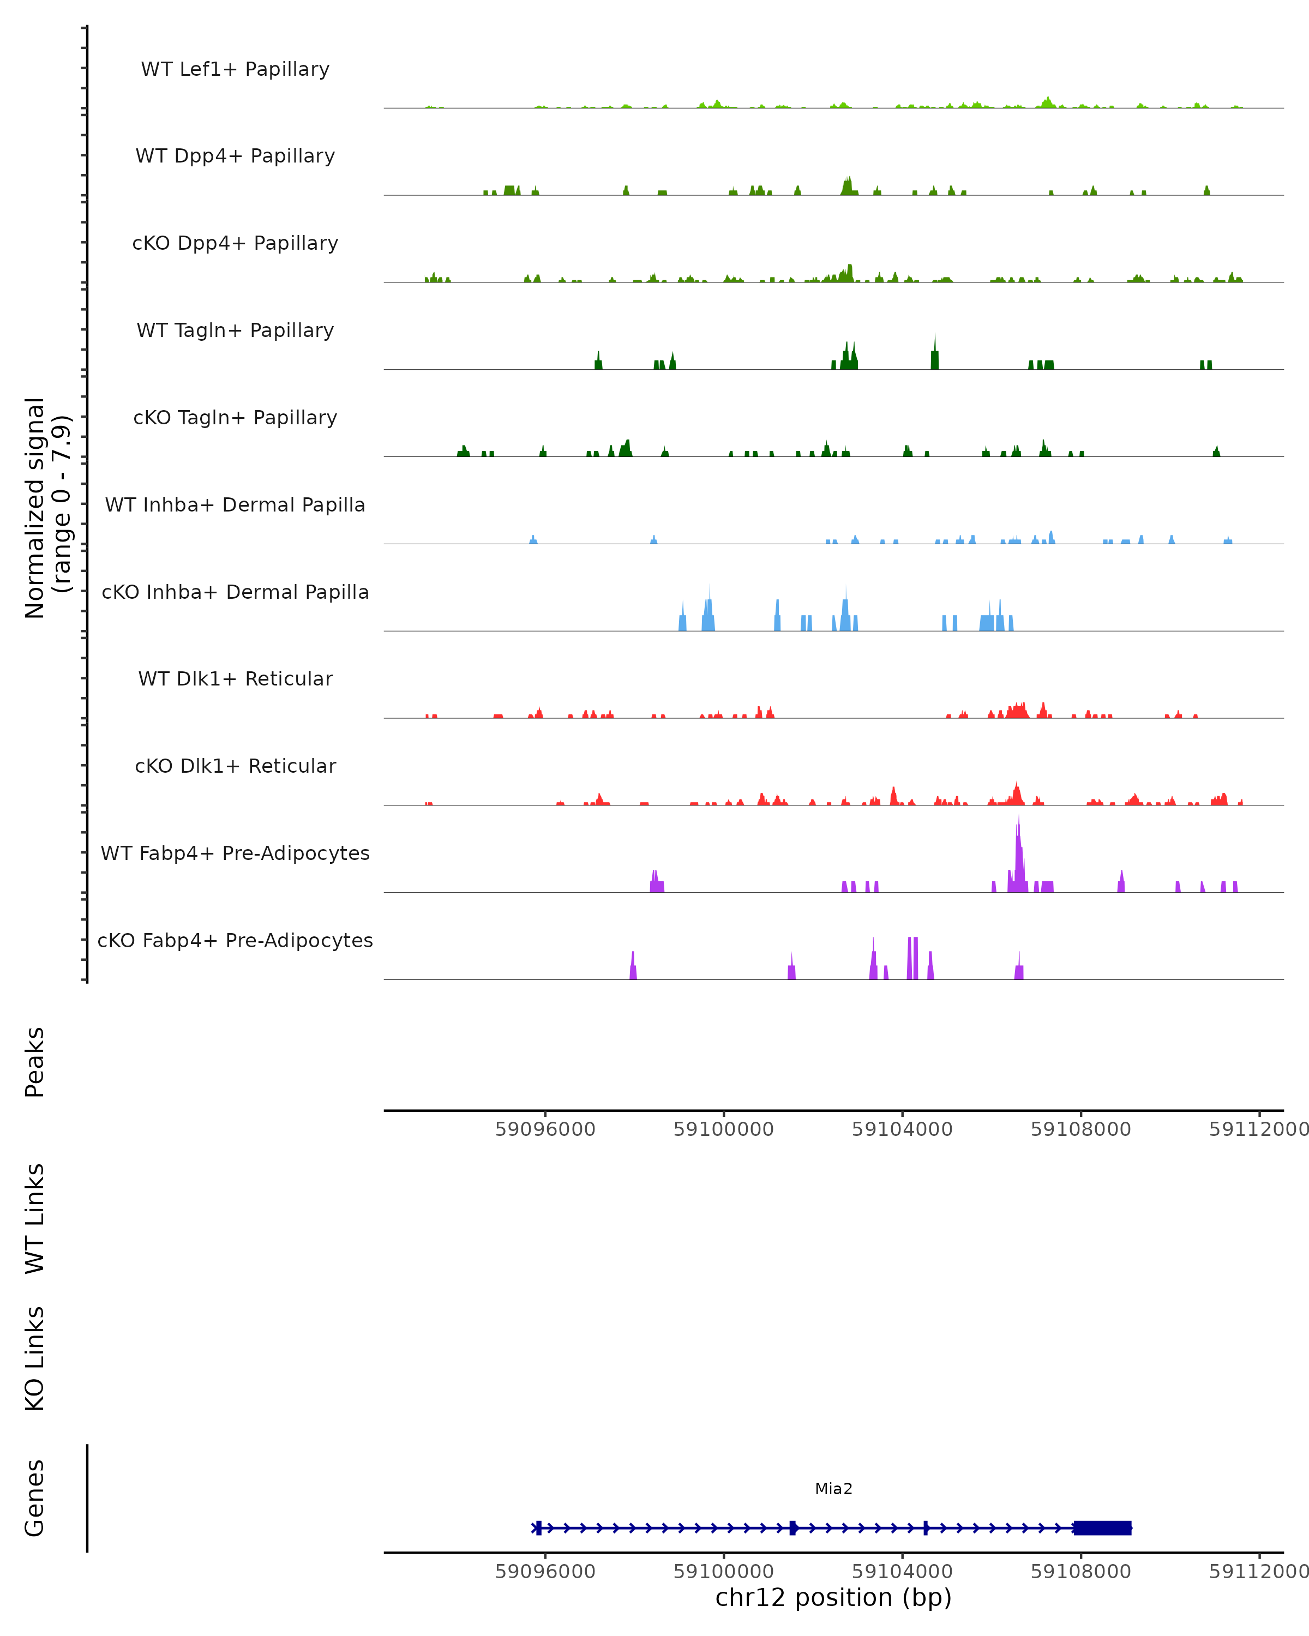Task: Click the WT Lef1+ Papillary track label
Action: click(x=235, y=69)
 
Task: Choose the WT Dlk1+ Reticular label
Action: click(x=235, y=678)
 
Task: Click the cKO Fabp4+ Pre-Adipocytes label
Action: click(x=235, y=940)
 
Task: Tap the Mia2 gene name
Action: click(x=833, y=1489)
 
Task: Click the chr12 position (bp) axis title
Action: click(x=833, y=1597)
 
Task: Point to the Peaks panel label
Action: click(x=35, y=1062)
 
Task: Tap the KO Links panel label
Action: click(x=35, y=1358)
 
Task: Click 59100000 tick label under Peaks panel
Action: click(x=723, y=1129)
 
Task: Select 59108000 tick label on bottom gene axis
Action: click(x=1080, y=1572)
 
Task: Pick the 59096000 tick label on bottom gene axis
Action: click(x=545, y=1572)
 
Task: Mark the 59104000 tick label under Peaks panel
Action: click(x=902, y=1129)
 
